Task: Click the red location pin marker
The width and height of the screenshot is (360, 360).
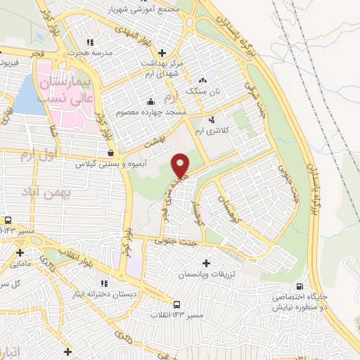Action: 181,166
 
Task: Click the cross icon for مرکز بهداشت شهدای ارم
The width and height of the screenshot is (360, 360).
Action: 162,52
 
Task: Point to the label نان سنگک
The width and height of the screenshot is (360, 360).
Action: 202,91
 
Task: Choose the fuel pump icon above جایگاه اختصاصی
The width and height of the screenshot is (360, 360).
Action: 301,286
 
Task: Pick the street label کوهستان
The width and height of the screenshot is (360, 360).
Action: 233,209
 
